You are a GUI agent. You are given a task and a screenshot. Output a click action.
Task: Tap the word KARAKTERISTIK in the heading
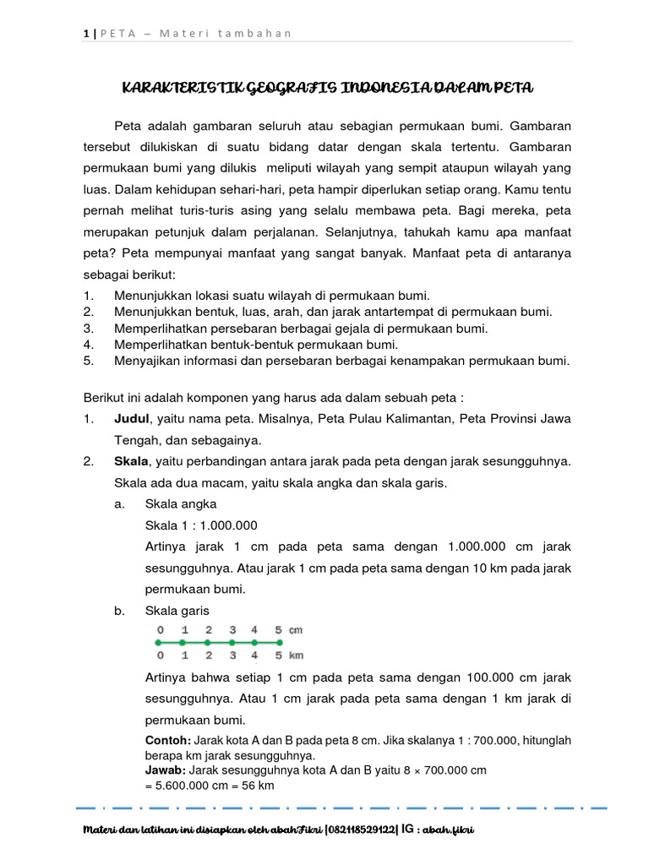172,89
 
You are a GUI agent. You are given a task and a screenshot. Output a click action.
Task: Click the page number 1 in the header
86,33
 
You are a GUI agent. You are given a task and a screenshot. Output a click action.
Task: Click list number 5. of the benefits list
88,362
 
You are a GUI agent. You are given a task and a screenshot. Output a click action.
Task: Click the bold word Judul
131,419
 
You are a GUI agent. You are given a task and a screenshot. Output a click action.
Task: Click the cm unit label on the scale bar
296,630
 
